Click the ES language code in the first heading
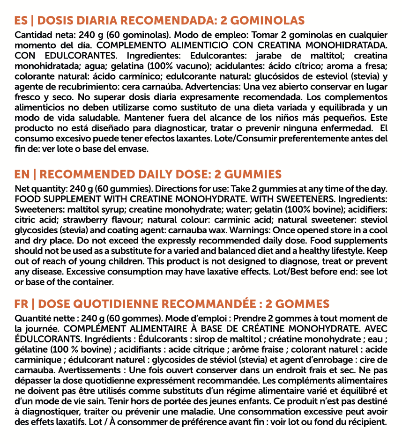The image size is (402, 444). (21, 21)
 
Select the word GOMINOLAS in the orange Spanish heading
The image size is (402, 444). (268, 21)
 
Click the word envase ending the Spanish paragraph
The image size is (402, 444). (135, 149)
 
